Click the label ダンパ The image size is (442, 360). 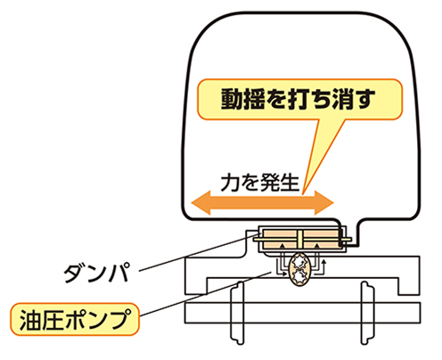97,273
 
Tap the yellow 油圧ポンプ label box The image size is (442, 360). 75,319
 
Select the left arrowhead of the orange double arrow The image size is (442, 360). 201,203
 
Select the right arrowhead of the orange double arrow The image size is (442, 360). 324,203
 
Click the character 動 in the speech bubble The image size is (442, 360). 232,99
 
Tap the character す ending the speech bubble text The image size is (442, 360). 364,99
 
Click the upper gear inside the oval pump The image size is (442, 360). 299,262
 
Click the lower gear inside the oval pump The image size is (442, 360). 299,276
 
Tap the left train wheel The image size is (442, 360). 238,314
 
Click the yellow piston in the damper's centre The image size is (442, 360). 299,239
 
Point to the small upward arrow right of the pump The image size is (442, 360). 324,266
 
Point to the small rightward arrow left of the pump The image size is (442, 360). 282,274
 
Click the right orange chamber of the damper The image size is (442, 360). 321,239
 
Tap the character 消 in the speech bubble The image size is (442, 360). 342,99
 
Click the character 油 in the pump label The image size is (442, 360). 30,320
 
